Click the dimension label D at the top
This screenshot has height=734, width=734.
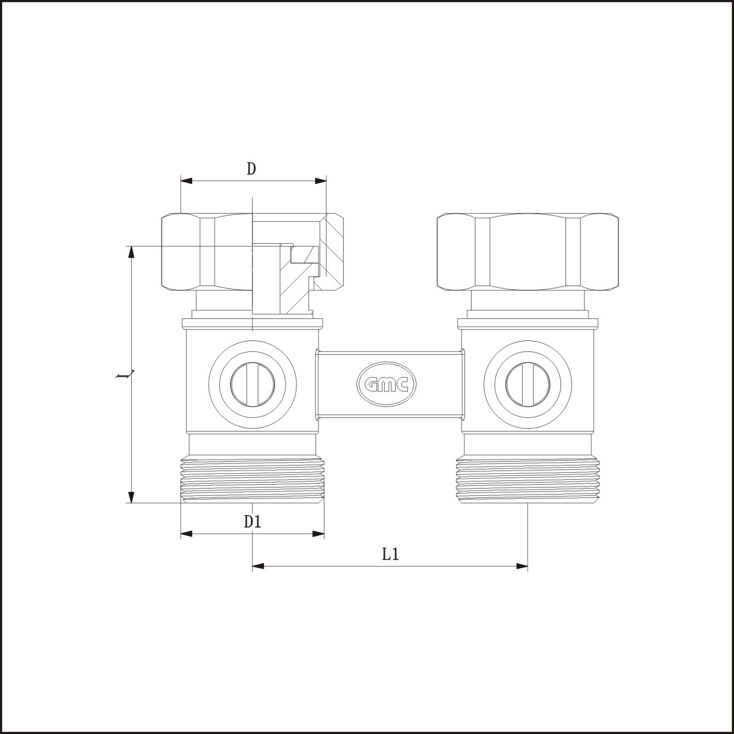point(251,169)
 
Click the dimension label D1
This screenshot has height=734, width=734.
point(253,522)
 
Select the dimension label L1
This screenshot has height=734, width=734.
point(390,554)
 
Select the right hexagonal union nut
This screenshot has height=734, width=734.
point(528,252)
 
